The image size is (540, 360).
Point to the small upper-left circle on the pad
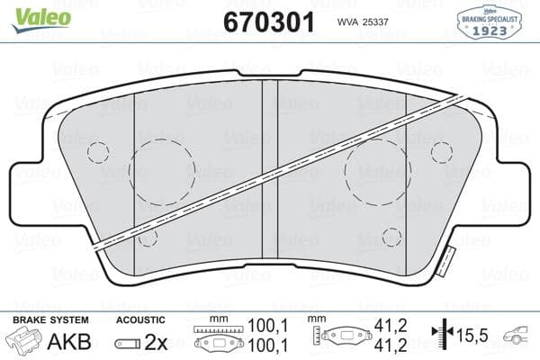pos(98,152)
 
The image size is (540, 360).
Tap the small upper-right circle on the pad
pos(441,152)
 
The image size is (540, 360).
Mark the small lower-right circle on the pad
pos(391,236)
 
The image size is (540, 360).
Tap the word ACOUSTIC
pos(142,320)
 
